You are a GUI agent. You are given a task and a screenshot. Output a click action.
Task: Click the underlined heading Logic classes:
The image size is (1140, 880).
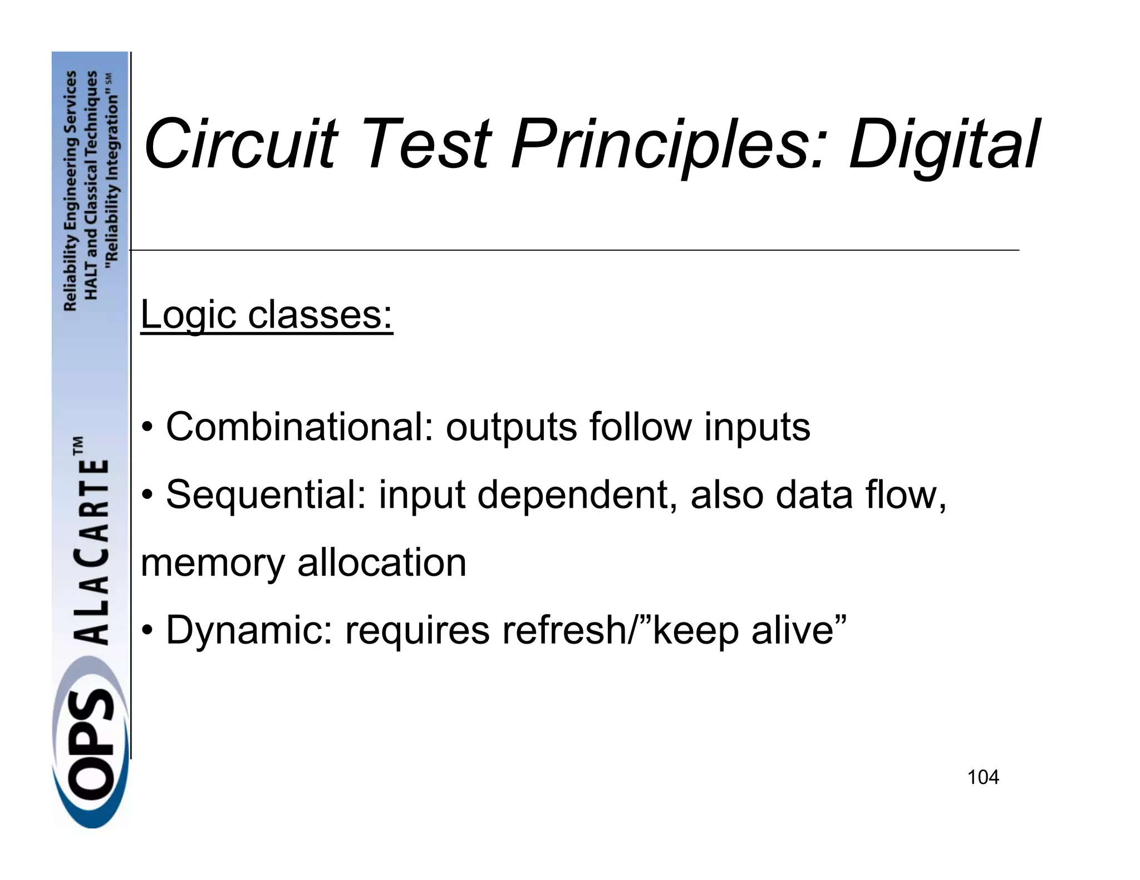(x=267, y=315)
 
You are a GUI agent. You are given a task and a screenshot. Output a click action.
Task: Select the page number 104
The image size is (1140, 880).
(x=983, y=777)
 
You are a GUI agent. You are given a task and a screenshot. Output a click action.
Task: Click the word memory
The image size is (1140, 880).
(x=212, y=563)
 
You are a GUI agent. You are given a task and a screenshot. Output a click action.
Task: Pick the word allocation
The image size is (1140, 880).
(x=382, y=563)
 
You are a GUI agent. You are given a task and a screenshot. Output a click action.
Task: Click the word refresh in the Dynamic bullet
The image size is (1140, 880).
(x=563, y=630)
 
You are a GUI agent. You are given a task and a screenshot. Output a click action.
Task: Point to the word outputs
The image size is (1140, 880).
(x=511, y=427)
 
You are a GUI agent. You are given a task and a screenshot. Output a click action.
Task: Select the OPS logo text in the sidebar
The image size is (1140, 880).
(x=92, y=751)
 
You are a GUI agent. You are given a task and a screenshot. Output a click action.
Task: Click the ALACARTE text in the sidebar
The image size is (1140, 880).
(x=92, y=551)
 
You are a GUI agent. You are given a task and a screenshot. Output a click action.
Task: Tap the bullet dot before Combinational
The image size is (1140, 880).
(x=147, y=428)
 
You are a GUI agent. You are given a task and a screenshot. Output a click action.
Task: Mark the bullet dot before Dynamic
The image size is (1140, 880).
(x=147, y=631)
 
